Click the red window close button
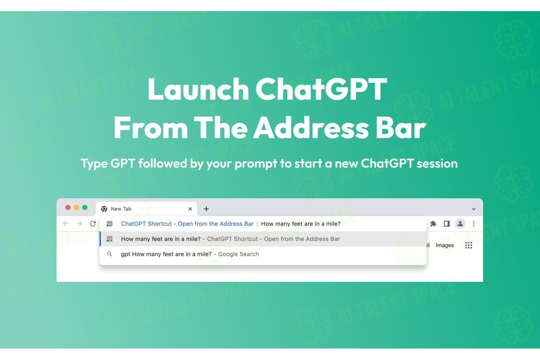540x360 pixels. point(68,208)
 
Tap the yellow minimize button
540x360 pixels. point(76,208)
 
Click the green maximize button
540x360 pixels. point(85,208)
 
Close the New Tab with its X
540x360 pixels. point(190,209)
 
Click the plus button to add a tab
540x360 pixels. point(206,209)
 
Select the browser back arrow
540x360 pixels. point(66,224)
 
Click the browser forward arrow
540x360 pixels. point(79,224)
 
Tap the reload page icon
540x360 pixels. point(93,224)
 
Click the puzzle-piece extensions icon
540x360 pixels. point(433,224)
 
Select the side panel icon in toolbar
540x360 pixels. point(447,224)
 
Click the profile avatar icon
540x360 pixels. point(460,224)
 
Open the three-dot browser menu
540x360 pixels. point(474,224)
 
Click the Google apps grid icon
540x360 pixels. point(469,245)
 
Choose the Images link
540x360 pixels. point(445,245)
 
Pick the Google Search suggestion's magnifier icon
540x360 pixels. point(110,254)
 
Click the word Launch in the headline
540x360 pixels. point(198,89)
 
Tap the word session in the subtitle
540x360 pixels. point(437,163)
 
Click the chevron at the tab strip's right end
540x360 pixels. point(474,209)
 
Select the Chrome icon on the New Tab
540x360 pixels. point(104,209)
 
